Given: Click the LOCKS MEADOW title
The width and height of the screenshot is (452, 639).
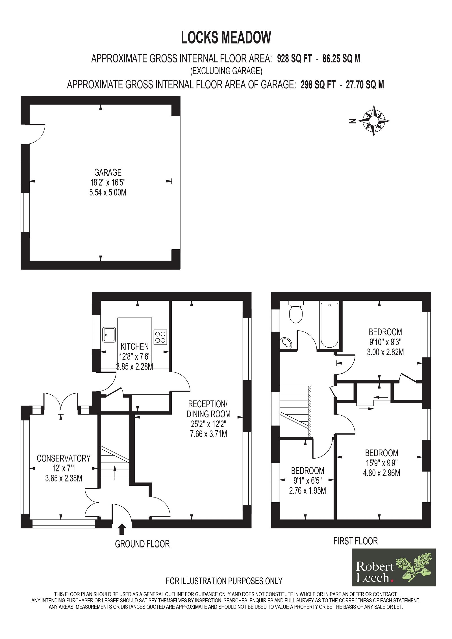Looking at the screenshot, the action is (226, 38).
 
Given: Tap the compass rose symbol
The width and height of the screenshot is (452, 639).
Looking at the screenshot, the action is (374, 121).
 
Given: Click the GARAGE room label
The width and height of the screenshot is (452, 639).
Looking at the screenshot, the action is (108, 172).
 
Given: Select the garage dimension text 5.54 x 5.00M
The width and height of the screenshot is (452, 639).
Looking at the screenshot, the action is (108, 193).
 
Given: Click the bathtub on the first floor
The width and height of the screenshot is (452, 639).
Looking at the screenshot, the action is (329, 325).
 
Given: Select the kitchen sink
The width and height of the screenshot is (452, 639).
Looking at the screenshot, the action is (109, 335).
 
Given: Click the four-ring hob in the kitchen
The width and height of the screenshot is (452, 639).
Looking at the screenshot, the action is (160, 337).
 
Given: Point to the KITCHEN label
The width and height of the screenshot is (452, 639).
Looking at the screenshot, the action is (134, 346).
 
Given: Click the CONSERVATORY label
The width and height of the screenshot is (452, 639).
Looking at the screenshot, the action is (64, 458).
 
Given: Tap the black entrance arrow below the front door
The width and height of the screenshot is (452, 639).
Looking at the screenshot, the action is (122, 529).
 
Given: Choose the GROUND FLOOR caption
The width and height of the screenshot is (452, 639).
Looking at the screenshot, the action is (142, 544).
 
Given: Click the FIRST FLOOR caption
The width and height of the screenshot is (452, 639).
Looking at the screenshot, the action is (356, 541).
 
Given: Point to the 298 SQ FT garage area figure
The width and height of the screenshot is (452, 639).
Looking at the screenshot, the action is (318, 85).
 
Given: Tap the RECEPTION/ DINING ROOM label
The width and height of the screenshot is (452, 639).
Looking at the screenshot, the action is (208, 409).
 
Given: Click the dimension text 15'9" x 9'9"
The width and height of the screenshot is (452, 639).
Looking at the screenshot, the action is (382, 463).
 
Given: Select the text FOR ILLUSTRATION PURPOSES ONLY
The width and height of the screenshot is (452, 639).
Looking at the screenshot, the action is (224, 581).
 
